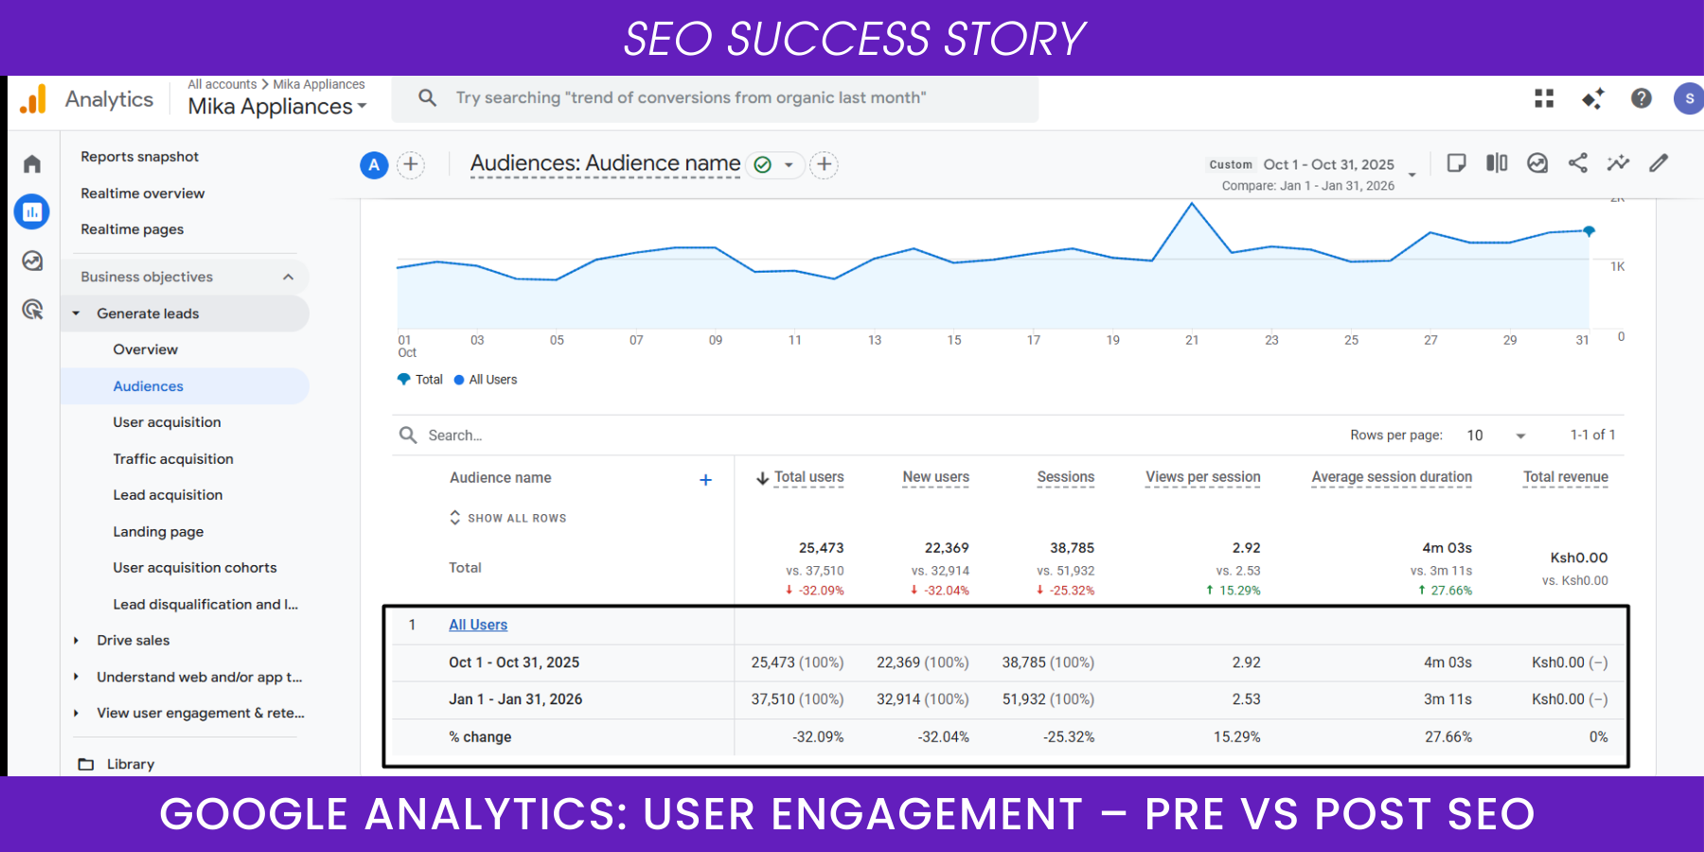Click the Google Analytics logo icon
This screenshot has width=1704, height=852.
click(33, 99)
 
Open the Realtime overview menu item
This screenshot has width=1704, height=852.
click(142, 193)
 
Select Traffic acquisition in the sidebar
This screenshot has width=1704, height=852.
click(172, 459)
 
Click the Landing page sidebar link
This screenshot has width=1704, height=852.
click(158, 532)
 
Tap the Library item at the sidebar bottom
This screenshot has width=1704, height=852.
click(130, 764)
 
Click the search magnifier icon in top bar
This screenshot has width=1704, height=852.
click(428, 98)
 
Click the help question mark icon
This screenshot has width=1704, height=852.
click(1641, 98)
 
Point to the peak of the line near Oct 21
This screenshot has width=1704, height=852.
click(1192, 204)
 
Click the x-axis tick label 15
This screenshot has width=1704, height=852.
click(954, 340)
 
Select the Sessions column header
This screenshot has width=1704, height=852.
click(1065, 477)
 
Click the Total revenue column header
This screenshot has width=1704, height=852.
click(1565, 477)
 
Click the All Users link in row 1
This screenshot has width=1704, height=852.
click(478, 625)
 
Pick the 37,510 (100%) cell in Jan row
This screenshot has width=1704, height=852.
click(797, 700)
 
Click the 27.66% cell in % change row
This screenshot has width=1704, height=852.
click(1447, 737)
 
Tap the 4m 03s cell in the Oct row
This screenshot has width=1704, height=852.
click(1447, 663)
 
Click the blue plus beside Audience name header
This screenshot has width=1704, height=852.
click(705, 480)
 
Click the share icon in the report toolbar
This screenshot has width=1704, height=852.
click(1578, 163)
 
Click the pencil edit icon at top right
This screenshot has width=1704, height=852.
click(1659, 163)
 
